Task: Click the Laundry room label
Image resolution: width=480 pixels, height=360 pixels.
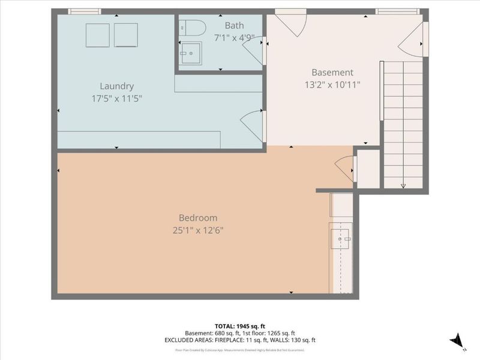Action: click(116, 86)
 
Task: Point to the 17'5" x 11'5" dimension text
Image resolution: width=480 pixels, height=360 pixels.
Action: click(116, 98)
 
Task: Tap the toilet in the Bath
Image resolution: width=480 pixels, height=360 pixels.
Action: click(193, 28)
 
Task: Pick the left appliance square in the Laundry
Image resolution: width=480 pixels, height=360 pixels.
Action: click(97, 35)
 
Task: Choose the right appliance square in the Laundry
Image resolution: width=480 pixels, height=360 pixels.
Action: click(126, 35)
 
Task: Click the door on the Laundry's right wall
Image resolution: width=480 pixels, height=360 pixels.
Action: click(252, 125)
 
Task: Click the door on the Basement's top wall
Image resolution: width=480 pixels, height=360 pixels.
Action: click(291, 23)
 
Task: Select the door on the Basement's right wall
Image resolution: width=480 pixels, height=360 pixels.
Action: click(414, 41)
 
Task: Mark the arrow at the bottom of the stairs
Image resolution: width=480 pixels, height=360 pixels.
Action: click(403, 185)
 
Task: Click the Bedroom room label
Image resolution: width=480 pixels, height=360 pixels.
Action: click(198, 218)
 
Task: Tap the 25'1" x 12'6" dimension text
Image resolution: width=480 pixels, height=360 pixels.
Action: click(198, 230)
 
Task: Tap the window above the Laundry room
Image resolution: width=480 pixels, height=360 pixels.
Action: click(83, 11)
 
